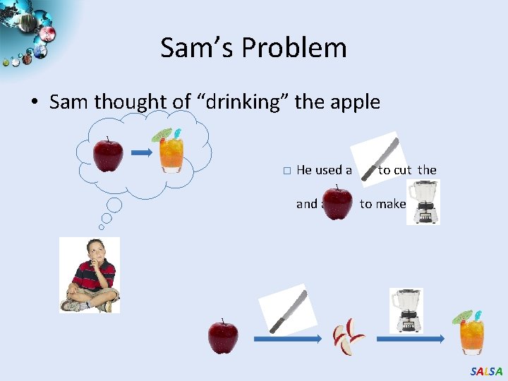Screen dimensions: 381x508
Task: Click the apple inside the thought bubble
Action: click(109, 154)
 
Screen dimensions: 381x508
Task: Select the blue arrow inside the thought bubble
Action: click(143, 152)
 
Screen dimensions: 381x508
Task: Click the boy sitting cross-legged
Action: click(90, 274)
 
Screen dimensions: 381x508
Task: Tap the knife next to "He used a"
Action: click(377, 160)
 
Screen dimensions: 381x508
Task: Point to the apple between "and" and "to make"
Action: click(337, 202)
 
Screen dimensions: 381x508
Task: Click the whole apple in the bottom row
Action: click(223, 336)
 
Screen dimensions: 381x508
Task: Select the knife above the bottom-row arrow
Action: click(284, 310)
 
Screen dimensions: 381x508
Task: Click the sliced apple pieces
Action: click(349, 336)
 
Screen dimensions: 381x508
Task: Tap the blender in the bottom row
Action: click(407, 310)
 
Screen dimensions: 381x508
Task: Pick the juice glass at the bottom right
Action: click(470, 332)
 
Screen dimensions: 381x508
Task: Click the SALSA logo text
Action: click(486, 371)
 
